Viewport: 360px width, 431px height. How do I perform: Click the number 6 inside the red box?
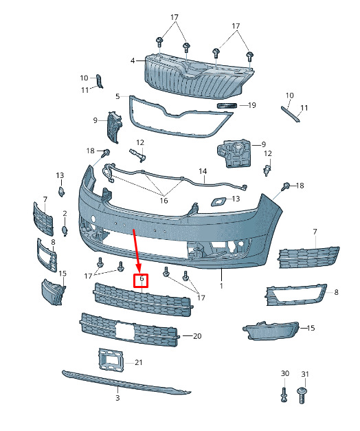pos(142,278)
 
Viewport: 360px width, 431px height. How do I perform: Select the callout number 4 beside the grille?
pos(133,60)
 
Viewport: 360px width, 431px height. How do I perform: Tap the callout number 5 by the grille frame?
pos(117,96)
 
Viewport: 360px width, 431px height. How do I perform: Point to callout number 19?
pos(251,105)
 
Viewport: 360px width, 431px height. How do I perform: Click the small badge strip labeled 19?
pos(227,106)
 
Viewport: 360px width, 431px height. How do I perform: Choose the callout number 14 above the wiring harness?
pos(203,171)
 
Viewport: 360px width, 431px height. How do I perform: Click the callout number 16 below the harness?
pos(164,201)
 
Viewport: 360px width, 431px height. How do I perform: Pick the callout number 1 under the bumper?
pos(221,286)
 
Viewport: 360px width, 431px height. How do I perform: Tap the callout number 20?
pos(197,336)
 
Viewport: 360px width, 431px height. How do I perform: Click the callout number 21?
pos(139,362)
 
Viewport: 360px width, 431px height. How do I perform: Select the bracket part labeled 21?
pos(110,360)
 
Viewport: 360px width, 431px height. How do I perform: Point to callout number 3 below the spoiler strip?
pos(117,398)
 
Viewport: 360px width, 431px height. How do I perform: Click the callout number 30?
pos(285,373)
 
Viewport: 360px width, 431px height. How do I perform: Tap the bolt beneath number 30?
pos(284,395)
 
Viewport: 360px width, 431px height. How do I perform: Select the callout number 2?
pos(65,213)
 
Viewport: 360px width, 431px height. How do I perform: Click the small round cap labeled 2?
pos(65,231)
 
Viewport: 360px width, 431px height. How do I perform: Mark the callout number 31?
pos(305,374)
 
